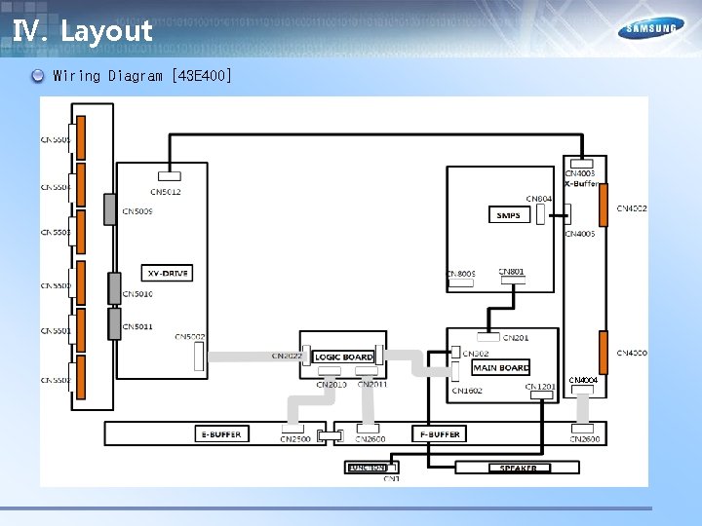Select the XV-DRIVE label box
click(166, 274)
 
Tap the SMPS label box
click(508, 215)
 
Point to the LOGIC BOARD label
click(344, 357)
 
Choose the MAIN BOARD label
click(501, 368)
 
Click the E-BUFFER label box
click(220, 433)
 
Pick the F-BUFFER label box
click(439, 433)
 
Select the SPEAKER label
click(519, 469)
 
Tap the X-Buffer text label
click(582, 183)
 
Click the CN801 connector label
click(512, 272)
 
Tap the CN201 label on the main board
click(516, 338)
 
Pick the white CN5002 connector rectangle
click(199, 357)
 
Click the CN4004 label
click(583, 380)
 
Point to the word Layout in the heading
click(106, 30)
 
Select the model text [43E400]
click(201, 75)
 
